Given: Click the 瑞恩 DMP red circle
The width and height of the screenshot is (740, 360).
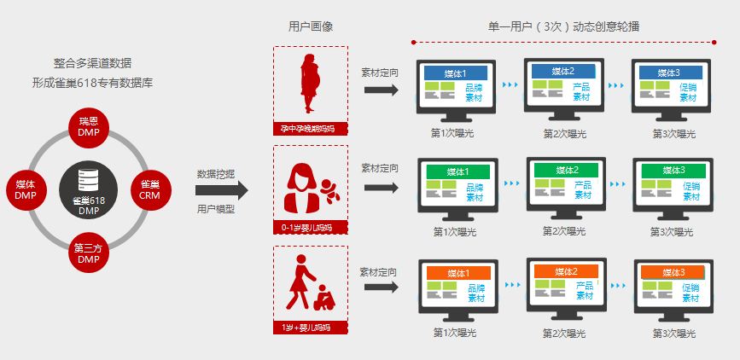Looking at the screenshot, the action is [x=89, y=127].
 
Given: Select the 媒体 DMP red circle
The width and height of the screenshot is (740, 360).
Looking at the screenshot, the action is [x=26, y=189].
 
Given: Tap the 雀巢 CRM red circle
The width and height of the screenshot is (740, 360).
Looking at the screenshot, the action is [x=151, y=189].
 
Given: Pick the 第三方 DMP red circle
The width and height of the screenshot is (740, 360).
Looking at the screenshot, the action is [x=89, y=253].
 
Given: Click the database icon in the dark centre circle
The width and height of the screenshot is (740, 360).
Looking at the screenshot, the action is [x=88, y=179].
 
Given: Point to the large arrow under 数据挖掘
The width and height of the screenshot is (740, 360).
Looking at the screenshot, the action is [x=222, y=190].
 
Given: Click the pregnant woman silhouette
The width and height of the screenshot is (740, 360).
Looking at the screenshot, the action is [x=310, y=83].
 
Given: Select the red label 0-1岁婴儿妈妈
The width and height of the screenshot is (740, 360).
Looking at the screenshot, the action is [x=311, y=228].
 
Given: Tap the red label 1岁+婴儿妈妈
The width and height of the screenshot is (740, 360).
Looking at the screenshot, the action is [x=311, y=328].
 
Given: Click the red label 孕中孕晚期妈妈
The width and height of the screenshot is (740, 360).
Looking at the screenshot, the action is [x=311, y=128].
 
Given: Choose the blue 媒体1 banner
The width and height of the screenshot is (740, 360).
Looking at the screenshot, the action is [x=456, y=73].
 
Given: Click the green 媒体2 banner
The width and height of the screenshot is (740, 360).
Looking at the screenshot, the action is [x=567, y=170].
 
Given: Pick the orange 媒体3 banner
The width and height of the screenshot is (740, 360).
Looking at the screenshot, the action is [x=673, y=273].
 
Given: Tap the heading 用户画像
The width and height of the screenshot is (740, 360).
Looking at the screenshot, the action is [x=311, y=26].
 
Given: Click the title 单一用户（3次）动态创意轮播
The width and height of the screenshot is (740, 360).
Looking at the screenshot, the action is [x=563, y=26].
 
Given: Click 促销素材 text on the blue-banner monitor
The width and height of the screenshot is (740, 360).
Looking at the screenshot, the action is [x=688, y=93].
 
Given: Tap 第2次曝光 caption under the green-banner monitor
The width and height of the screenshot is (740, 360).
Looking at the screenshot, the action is [x=564, y=231].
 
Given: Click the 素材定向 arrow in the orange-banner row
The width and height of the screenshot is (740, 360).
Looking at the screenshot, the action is [x=382, y=287].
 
